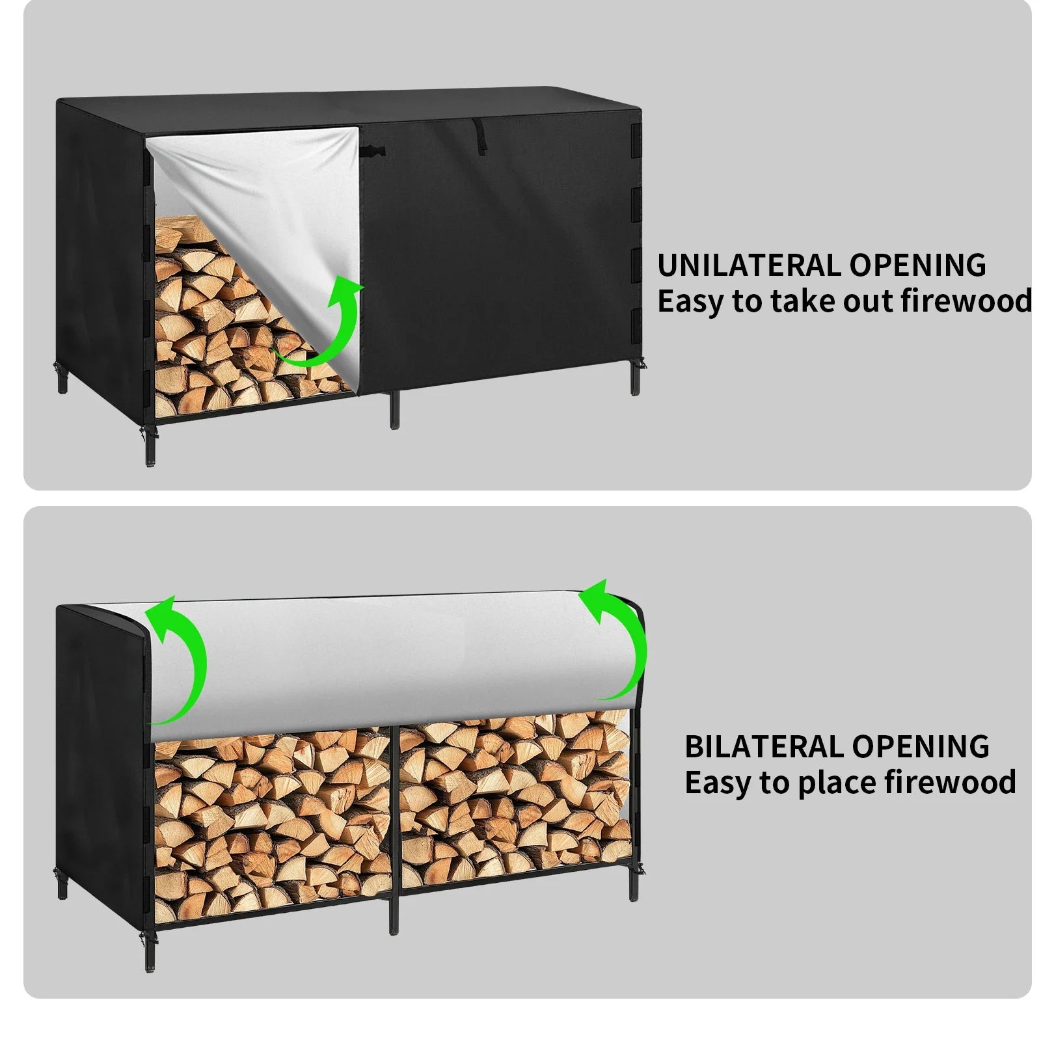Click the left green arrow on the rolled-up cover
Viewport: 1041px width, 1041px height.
click(x=179, y=657)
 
